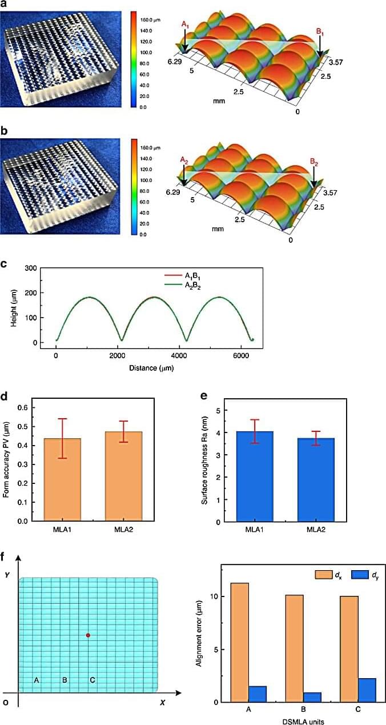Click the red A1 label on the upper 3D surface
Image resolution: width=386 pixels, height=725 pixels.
(x=184, y=25)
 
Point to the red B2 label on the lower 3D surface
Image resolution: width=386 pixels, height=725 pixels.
(x=314, y=162)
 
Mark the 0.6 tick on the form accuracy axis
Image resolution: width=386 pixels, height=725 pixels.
(x=21, y=407)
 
